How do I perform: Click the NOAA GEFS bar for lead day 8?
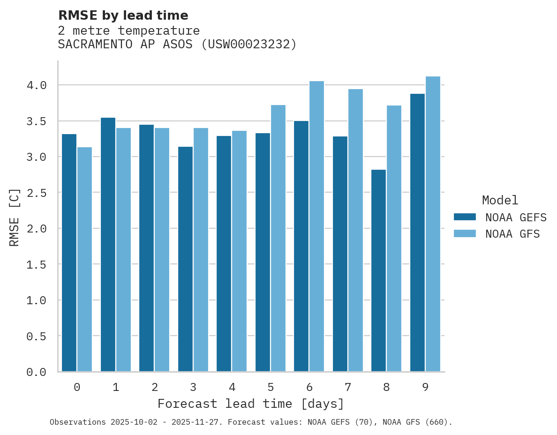click(378, 270)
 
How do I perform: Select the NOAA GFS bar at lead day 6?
click(316, 226)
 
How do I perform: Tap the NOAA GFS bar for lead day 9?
click(433, 224)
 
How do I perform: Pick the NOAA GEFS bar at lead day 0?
click(69, 253)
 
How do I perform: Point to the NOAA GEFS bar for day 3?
click(185, 259)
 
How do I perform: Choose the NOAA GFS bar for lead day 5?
click(278, 238)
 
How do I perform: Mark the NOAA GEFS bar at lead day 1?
click(108, 245)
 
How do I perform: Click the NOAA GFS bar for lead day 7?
click(355, 230)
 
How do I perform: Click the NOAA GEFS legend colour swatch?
click(465, 217)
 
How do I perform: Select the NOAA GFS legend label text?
click(512, 234)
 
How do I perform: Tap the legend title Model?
click(500, 200)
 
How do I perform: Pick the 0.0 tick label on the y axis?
click(37, 372)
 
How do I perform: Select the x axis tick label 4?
click(232, 387)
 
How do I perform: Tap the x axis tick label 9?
click(425, 387)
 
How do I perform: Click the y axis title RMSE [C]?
click(15, 217)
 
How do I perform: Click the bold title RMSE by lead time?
click(123, 15)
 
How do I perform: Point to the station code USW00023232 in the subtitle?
click(249, 45)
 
